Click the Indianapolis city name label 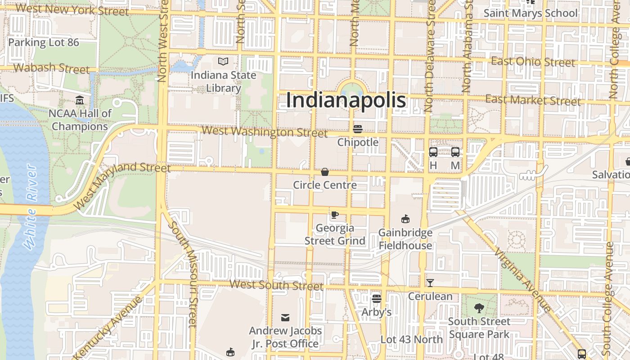[346, 100]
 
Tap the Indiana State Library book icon [223, 61]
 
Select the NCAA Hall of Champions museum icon [80, 99]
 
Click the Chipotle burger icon [358, 129]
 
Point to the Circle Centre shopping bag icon [324, 171]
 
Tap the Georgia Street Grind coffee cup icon [334, 215]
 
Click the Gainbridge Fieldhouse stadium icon [405, 219]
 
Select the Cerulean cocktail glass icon [430, 283]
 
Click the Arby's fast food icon [377, 298]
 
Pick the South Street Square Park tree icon [479, 308]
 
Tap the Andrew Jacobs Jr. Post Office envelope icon [285, 318]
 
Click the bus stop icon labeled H [433, 152]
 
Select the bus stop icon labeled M [455, 152]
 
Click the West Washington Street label [265, 132]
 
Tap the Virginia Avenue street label [522, 279]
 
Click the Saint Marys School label [530, 13]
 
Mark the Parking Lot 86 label [44, 43]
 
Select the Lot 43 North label [412, 339]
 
